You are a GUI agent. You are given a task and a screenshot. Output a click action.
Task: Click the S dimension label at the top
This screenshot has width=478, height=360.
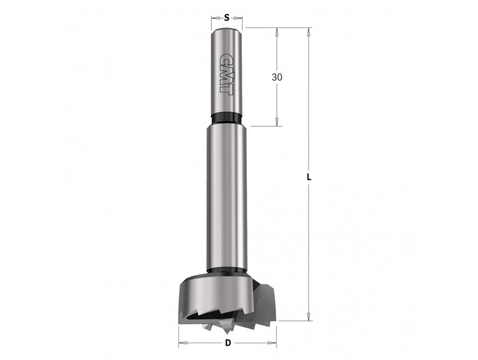(226, 18)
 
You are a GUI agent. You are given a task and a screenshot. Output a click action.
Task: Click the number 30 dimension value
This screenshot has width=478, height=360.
(277, 78)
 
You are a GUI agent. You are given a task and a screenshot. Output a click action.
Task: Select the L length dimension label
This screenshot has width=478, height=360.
(309, 177)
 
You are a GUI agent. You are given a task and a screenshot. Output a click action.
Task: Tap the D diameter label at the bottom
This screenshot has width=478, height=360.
(228, 343)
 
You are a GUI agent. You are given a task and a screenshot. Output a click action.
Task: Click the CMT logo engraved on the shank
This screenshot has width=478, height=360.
(226, 74)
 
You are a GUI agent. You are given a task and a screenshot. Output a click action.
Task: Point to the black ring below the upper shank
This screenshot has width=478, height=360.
(226, 118)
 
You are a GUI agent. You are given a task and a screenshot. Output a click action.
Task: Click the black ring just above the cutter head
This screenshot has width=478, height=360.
(226, 270)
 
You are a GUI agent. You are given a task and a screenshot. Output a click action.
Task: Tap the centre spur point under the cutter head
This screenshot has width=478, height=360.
(226, 330)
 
